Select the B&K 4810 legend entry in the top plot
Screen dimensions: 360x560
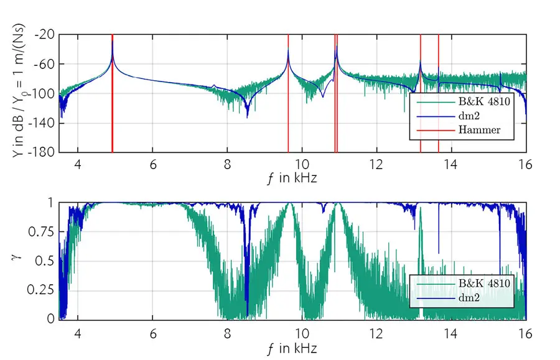tap(484, 103)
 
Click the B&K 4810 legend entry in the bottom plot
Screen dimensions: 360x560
tap(484, 284)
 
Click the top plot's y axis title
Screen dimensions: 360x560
tap(17, 93)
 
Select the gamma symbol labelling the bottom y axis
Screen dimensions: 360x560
tap(17, 256)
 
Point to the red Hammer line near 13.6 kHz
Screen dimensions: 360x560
tap(438, 118)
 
